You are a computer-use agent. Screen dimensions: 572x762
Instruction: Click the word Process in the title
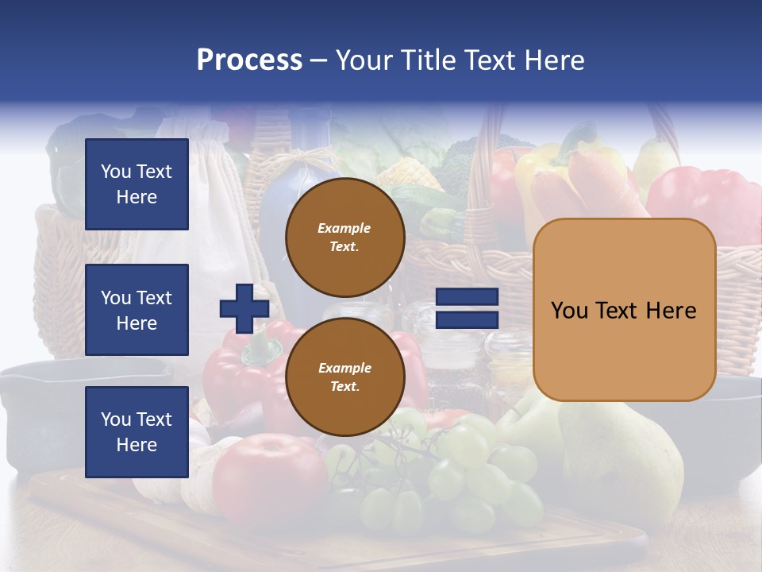point(249,60)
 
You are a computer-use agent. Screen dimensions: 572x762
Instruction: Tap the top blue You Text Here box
point(137,184)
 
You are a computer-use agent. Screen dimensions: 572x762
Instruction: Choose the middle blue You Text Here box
point(137,310)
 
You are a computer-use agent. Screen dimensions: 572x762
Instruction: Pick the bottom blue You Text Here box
point(137,431)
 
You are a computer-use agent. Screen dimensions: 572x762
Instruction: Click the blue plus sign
point(244,308)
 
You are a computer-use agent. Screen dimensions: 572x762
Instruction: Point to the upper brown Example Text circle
point(344,237)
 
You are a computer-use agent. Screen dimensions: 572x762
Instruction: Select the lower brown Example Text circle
point(344,377)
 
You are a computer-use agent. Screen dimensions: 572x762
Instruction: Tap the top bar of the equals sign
point(467,297)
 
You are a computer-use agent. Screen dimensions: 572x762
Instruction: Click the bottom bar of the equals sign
point(467,319)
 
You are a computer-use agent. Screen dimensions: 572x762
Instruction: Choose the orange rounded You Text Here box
point(624,310)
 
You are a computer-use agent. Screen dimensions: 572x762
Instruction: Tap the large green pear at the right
point(627,461)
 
